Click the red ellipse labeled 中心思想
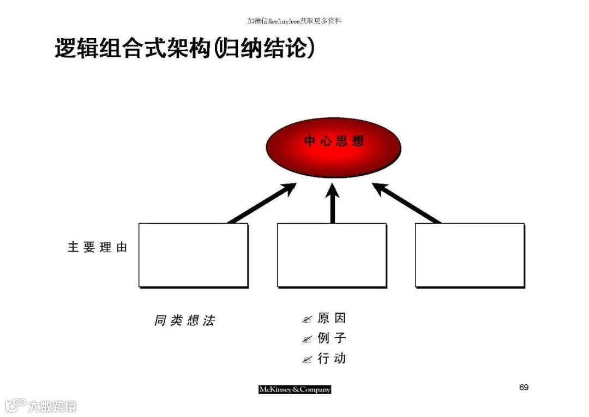click(x=333, y=147)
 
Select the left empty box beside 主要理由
click(x=193, y=255)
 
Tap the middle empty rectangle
click(x=332, y=255)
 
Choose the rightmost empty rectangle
click(x=470, y=255)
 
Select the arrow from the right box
click(x=406, y=203)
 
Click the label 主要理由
click(x=97, y=247)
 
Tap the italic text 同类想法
click(x=184, y=320)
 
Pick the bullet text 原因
click(x=332, y=318)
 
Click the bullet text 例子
click(x=332, y=338)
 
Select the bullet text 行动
click(x=332, y=359)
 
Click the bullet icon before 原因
click(x=307, y=319)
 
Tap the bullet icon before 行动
click(x=307, y=360)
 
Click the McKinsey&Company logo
click(x=294, y=390)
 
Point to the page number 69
click(x=524, y=388)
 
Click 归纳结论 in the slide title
click(x=265, y=49)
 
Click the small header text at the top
click(x=294, y=21)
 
